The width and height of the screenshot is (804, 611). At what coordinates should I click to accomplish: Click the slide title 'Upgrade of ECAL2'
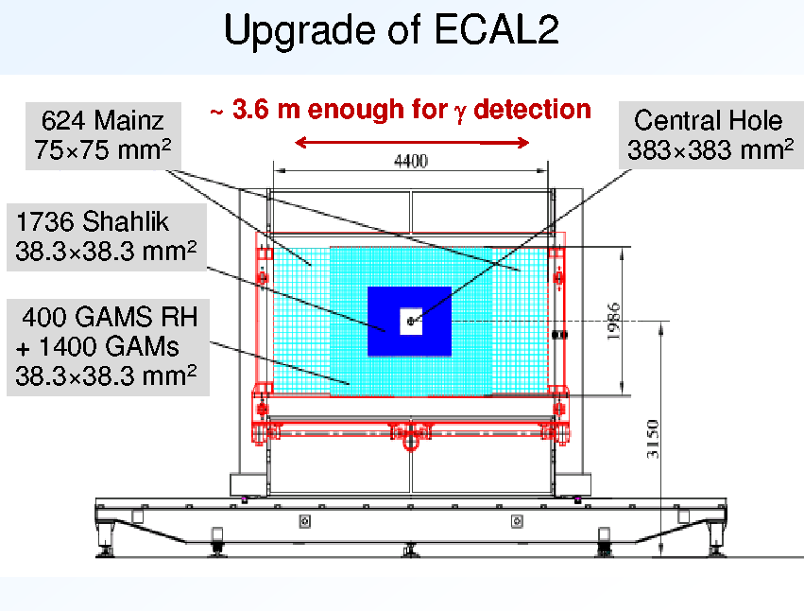391,29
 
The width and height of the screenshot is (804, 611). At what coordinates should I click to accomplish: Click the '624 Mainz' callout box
103,135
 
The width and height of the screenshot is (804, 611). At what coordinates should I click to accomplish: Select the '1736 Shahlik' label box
107,236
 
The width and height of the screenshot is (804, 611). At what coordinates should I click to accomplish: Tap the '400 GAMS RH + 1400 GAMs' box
108,347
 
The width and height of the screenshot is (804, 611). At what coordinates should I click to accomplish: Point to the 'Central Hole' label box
710,135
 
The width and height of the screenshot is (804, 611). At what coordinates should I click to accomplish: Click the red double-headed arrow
412,142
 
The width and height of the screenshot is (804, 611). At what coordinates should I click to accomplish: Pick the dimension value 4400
411,161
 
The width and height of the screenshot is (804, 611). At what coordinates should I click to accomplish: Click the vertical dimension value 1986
613,321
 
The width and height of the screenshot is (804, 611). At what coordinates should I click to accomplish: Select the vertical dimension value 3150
652,439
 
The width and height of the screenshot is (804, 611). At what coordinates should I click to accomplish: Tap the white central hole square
411,322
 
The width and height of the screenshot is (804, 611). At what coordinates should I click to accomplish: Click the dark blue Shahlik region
384,322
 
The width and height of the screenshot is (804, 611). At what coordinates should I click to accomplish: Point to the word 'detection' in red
532,110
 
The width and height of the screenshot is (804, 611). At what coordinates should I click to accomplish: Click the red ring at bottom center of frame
410,441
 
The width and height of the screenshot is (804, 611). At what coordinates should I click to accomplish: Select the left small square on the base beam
304,522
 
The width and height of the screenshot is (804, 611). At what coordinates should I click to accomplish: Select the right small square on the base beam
517,522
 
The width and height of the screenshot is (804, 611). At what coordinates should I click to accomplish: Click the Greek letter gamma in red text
460,113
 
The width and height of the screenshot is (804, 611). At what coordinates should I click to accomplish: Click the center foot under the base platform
410,550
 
